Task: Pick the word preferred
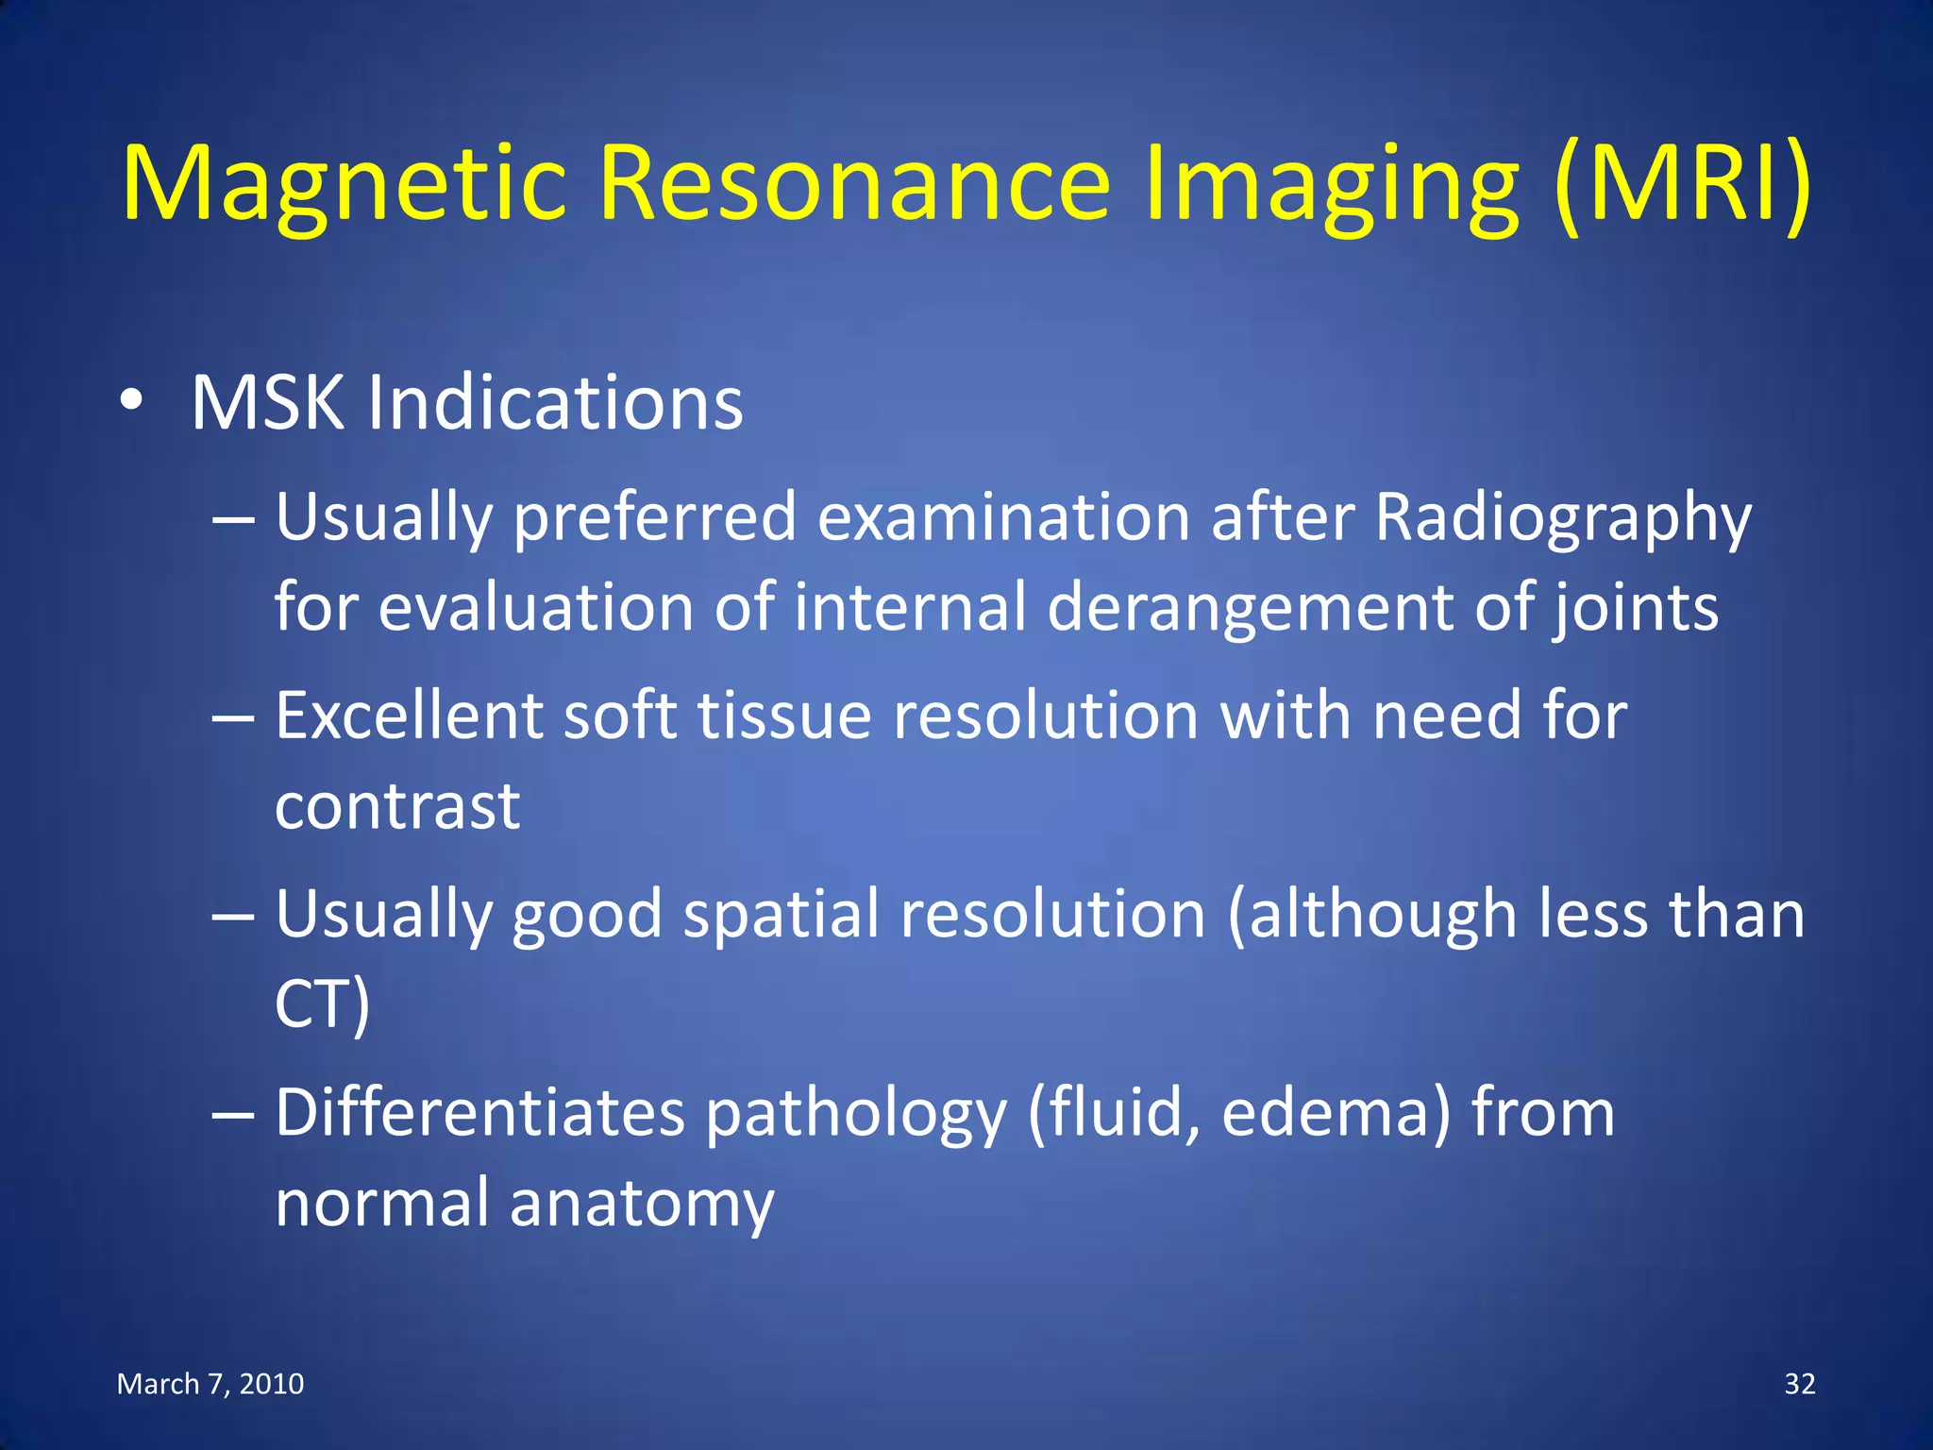point(655,518)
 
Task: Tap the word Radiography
point(1562,518)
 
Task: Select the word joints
point(1636,608)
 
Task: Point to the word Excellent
point(409,716)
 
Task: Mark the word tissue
point(784,716)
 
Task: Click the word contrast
point(397,806)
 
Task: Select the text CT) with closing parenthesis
point(322,1003)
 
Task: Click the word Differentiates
point(479,1113)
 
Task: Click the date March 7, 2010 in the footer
point(210,1384)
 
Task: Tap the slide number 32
point(1800,1384)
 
